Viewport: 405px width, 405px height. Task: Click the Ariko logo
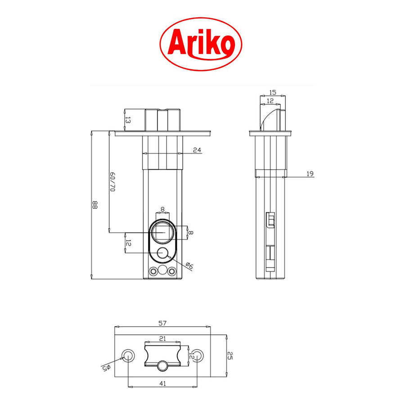[x=201, y=43]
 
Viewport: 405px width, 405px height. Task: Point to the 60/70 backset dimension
[x=113, y=182]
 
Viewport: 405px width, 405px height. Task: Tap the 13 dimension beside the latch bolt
[x=128, y=120]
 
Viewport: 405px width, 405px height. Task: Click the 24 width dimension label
[x=196, y=150]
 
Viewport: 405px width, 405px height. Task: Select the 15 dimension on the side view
[x=273, y=92]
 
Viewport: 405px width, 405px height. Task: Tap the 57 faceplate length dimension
[x=163, y=323]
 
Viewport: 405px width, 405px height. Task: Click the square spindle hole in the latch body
[x=162, y=232]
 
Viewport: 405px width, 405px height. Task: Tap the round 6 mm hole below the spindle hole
[x=162, y=253]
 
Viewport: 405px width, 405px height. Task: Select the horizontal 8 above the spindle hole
[x=162, y=209]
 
